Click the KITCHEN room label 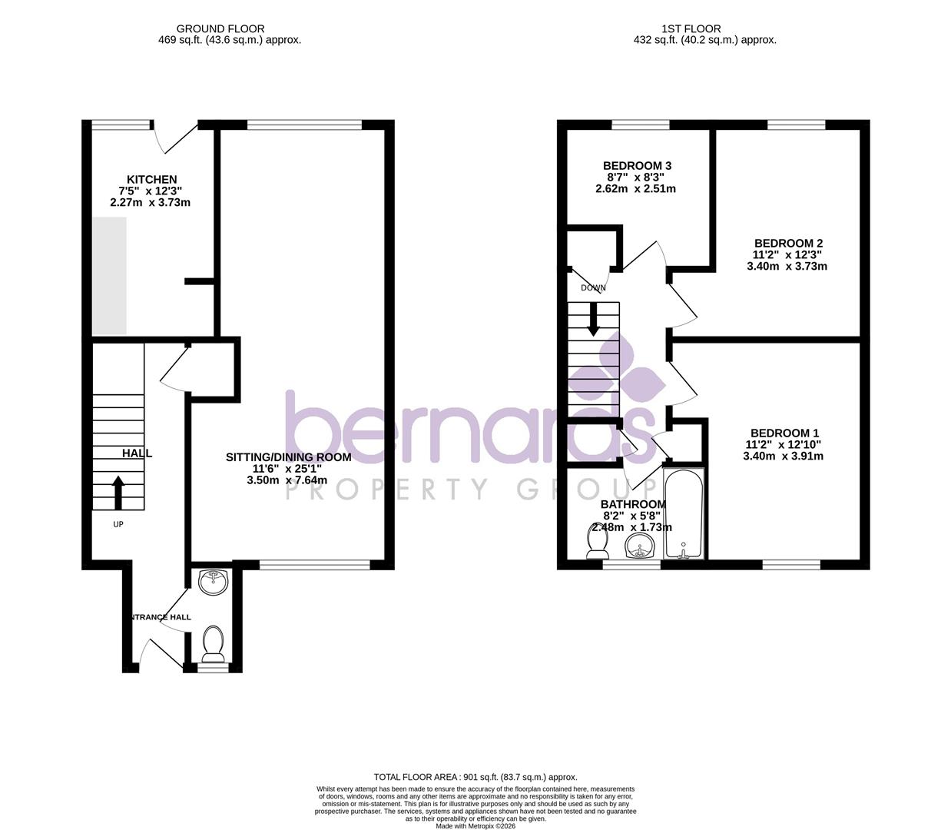pyautogui.click(x=151, y=179)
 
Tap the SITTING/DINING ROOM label pyautogui.click(x=288, y=457)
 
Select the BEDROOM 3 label pyautogui.click(x=637, y=165)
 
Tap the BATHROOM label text pyautogui.click(x=633, y=504)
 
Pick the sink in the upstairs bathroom pyautogui.click(x=639, y=547)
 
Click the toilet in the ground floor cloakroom pyautogui.click(x=213, y=644)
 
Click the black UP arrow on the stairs pyautogui.click(x=118, y=493)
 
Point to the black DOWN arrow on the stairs pyautogui.click(x=593, y=319)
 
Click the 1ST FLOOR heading pyautogui.click(x=691, y=29)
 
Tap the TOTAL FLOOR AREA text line pyautogui.click(x=475, y=777)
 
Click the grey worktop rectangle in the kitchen pyautogui.click(x=109, y=276)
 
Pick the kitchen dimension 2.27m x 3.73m pyautogui.click(x=151, y=203)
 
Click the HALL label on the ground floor pyautogui.click(x=137, y=453)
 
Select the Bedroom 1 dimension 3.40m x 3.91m pyautogui.click(x=783, y=456)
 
